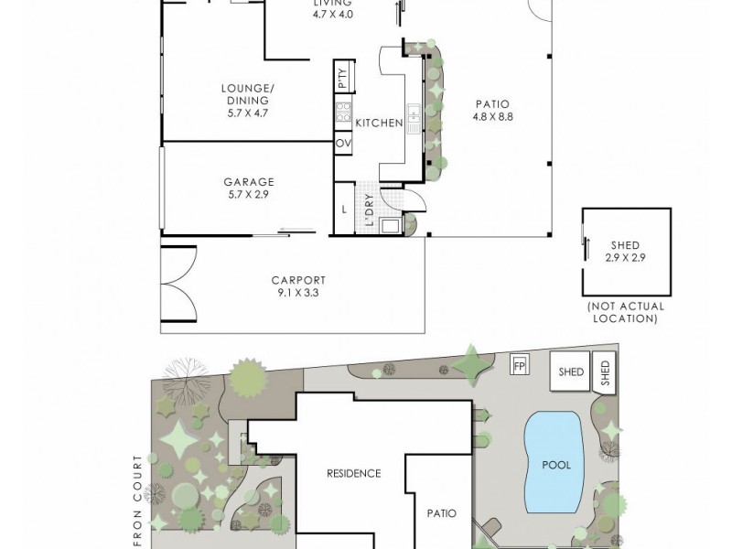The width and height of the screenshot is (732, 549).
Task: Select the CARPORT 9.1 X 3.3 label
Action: click(x=297, y=286)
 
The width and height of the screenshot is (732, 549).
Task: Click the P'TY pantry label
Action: click(x=342, y=80)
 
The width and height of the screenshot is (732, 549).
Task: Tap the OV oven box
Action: click(x=343, y=144)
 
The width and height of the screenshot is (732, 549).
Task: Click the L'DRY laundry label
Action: click(x=368, y=210)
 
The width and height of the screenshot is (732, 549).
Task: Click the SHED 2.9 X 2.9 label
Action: click(x=625, y=252)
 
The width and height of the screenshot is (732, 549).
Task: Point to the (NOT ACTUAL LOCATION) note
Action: click(x=624, y=313)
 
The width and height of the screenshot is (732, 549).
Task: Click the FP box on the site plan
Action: click(x=520, y=364)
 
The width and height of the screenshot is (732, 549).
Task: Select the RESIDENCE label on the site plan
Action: click(x=353, y=473)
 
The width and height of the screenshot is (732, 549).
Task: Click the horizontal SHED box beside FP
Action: click(x=572, y=371)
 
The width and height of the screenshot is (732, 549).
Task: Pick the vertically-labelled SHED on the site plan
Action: click(x=605, y=372)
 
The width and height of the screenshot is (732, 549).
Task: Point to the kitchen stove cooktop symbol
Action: click(x=344, y=112)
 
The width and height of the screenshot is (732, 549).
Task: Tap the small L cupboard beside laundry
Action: click(x=343, y=209)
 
